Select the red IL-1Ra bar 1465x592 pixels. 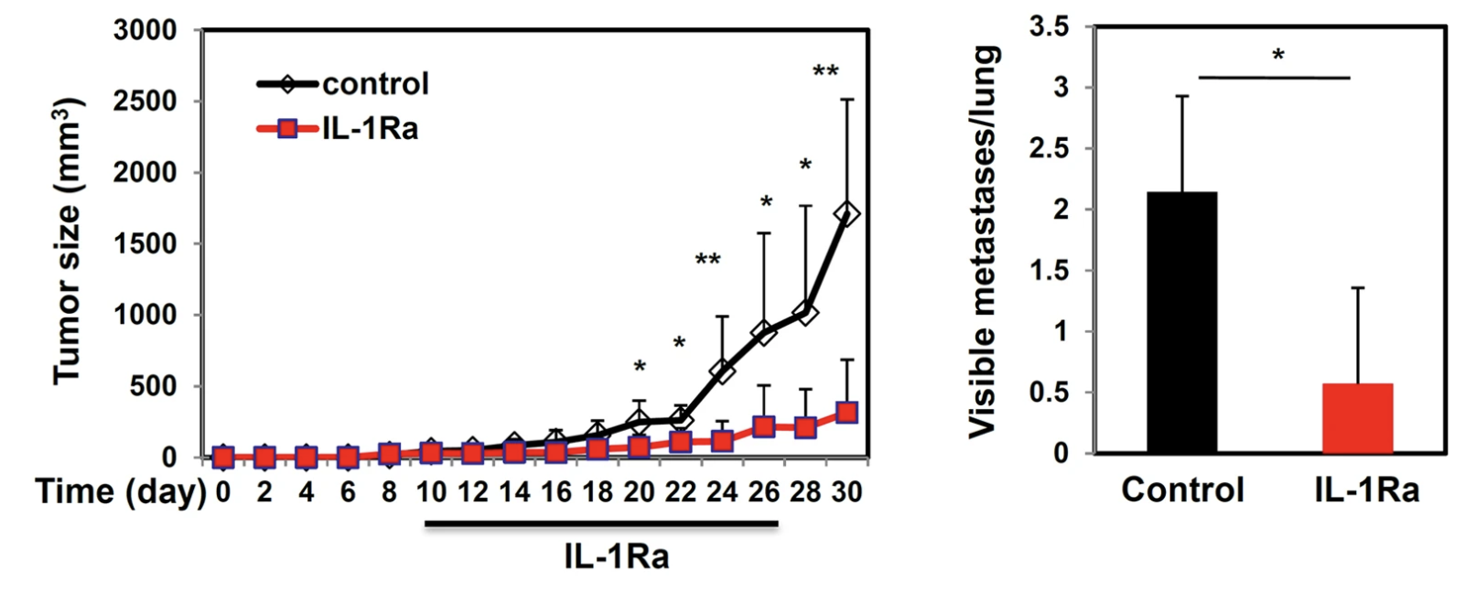[x=1357, y=418]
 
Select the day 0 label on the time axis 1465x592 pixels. [x=222, y=492]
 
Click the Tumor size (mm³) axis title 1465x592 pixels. [x=69, y=242]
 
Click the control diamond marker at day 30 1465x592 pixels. [x=846, y=214]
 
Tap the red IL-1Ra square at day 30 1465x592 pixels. [x=846, y=413]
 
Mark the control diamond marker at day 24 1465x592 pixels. [x=722, y=371]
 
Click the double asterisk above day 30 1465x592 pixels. [x=825, y=72]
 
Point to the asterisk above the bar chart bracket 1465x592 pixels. [x=1277, y=57]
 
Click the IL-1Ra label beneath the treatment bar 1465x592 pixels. [x=616, y=556]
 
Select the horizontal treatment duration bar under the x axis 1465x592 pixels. [x=600, y=524]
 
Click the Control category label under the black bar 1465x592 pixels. [x=1182, y=490]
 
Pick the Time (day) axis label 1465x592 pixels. [x=121, y=492]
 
